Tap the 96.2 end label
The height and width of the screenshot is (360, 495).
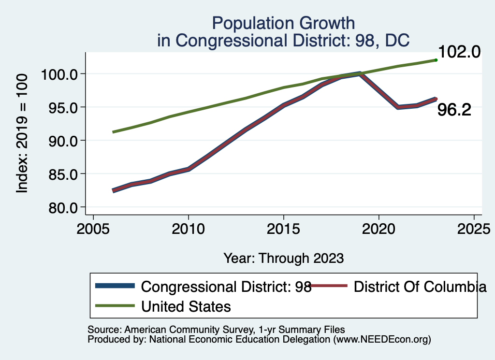454,110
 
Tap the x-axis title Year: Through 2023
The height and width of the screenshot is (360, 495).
283,258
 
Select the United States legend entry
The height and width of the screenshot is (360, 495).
186,306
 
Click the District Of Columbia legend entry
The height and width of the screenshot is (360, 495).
420,287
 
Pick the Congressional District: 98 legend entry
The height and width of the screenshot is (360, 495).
226,287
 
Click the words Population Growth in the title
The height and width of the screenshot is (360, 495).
283,23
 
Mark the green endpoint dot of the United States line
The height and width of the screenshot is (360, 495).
436,60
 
